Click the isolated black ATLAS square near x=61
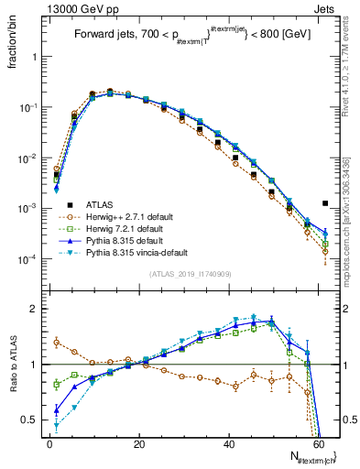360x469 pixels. [x=325, y=203]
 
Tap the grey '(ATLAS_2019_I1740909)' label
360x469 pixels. [x=190, y=275]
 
